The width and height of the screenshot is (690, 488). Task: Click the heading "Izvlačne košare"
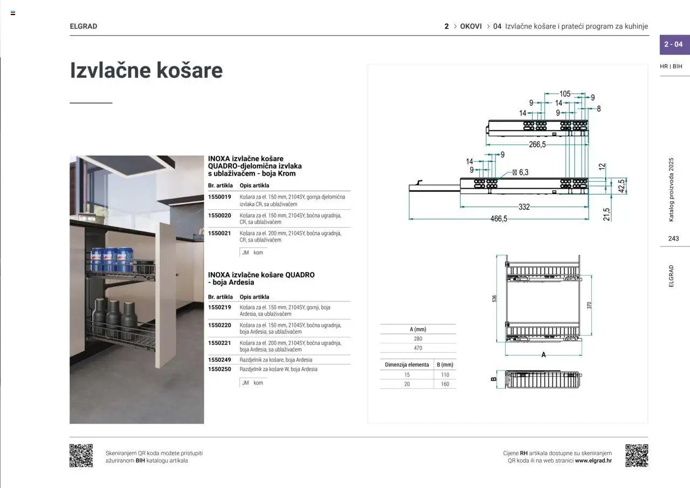tap(146, 71)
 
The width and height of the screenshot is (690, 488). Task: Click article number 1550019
tap(219, 197)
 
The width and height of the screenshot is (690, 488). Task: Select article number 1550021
tap(219, 233)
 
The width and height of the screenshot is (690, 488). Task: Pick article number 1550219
tap(219, 307)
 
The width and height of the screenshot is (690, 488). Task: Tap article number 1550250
tap(219, 369)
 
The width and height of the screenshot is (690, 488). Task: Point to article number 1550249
tap(219, 360)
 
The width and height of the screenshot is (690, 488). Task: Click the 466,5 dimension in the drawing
tap(498, 218)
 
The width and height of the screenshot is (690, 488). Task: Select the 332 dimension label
tap(524, 207)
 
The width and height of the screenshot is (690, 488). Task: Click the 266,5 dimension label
tap(537, 145)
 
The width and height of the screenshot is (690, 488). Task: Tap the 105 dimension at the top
tap(564, 94)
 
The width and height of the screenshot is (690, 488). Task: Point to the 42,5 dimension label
tap(621, 186)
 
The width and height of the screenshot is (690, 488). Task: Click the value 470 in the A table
tap(418, 348)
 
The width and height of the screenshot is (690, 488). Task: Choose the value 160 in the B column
tap(445, 384)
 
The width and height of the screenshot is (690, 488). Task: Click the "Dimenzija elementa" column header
tap(407, 365)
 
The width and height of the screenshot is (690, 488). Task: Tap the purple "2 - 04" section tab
tap(674, 44)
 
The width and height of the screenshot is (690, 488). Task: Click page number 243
tap(673, 238)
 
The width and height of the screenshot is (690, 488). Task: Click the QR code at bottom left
tap(81, 456)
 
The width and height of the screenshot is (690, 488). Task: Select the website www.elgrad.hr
tap(593, 460)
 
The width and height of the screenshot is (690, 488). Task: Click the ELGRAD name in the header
tap(84, 26)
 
